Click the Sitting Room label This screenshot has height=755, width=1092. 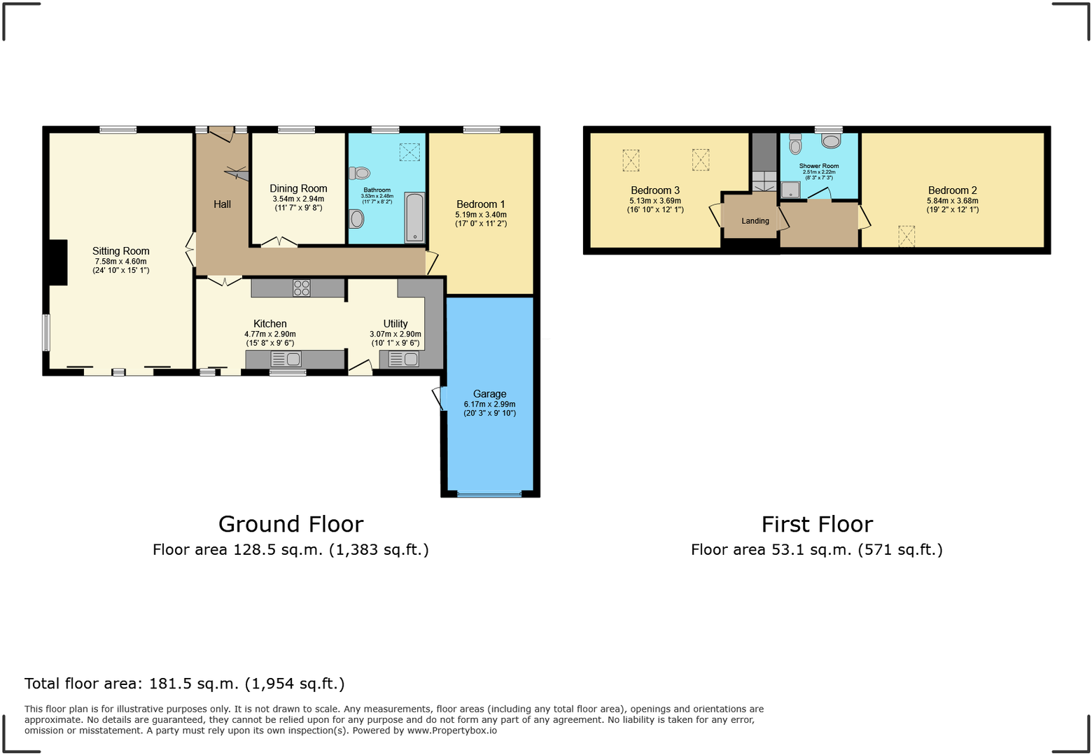pos(121,251)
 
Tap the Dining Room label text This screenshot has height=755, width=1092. pos(298,189)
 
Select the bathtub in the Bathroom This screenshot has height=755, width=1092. pos(414,218)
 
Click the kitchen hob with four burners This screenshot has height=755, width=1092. pos(302,288)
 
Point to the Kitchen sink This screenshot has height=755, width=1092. pos(286,359)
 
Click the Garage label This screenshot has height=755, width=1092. pos(489,394)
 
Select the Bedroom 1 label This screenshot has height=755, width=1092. pos(481,204)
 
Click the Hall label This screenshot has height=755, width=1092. pos(222,204)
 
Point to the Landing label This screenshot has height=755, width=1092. pos(755,221)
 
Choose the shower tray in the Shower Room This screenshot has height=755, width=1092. pos(790,190)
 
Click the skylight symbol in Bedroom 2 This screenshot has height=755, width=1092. pos(906,236)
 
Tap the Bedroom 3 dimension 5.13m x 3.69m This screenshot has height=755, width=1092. pos(655,201)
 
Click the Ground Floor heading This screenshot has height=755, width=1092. pos(291,525)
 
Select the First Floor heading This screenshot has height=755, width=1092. pos(817,525)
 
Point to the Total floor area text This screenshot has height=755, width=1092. pos(185,684)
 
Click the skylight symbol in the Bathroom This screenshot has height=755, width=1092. pos(409,152)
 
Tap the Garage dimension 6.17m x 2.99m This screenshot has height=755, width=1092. pos(489,404)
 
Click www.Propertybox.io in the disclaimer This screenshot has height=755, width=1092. pos(452,731)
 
